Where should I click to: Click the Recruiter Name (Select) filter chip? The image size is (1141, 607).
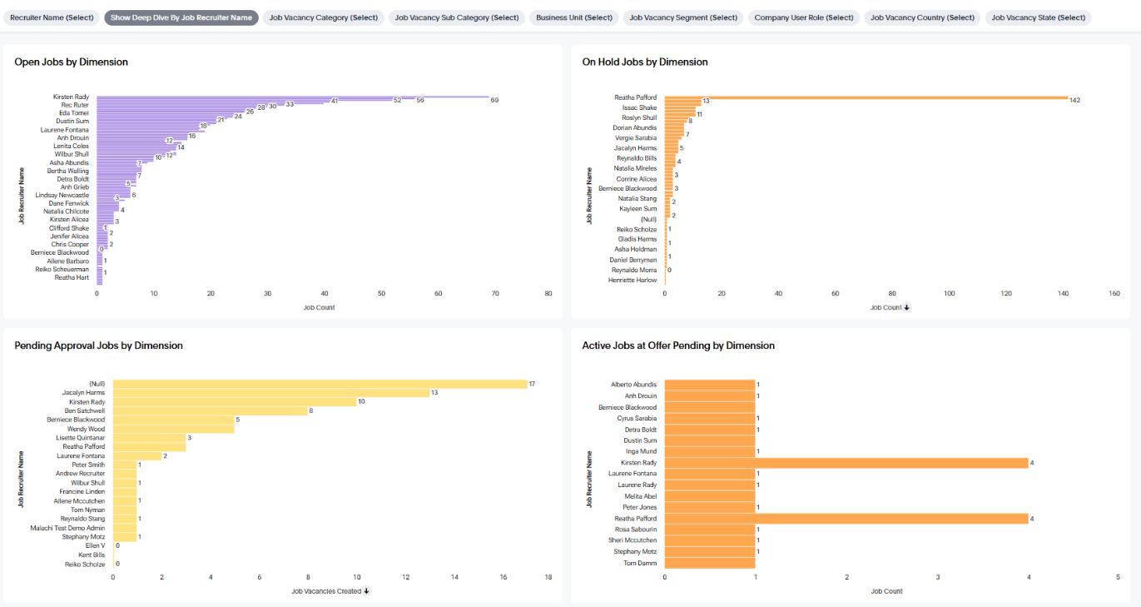click(52, 17)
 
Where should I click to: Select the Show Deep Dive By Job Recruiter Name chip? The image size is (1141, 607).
click(181, 17)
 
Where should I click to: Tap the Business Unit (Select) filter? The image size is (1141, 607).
click(574, 17)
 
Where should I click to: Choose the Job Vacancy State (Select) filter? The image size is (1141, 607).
click(1038, 17)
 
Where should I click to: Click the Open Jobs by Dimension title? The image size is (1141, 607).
click(71, 62)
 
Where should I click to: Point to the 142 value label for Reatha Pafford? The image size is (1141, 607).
click(1074, 101)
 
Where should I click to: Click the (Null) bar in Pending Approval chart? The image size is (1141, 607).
click(320, 384)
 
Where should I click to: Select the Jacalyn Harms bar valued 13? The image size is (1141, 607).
click(270, 393)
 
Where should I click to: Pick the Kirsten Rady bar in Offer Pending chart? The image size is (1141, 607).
click(846, 463)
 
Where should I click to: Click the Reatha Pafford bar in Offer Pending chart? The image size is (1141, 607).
click(846, 519)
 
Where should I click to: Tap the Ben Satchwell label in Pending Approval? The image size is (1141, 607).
click(85, 410)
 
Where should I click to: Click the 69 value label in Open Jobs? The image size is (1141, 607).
click(494, 100)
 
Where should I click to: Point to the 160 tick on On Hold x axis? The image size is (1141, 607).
click(1114, 293)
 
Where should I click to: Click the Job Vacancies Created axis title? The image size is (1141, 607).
click(326, 591)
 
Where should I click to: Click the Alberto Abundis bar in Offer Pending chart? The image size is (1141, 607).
click(709, 385)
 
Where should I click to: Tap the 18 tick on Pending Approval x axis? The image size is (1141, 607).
click(548, 576)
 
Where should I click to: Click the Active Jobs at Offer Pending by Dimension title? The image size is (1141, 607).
click(678, 346)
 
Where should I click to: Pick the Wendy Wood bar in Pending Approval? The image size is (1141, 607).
click(173, 429)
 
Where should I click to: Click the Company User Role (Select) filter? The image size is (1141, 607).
click(804, 17)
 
